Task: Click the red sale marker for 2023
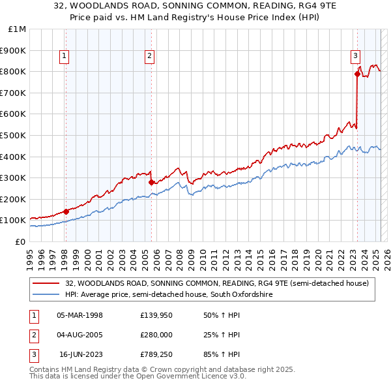pos(357,74)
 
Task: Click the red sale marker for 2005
pos(151,182)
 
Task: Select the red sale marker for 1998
pos(66,211)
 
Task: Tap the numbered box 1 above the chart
pos(65,57)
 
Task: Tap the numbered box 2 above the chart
pos(150,57)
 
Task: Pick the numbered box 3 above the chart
pos(356,57)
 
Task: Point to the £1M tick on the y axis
pos(18,29)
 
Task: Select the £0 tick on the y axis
pos(21,241)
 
